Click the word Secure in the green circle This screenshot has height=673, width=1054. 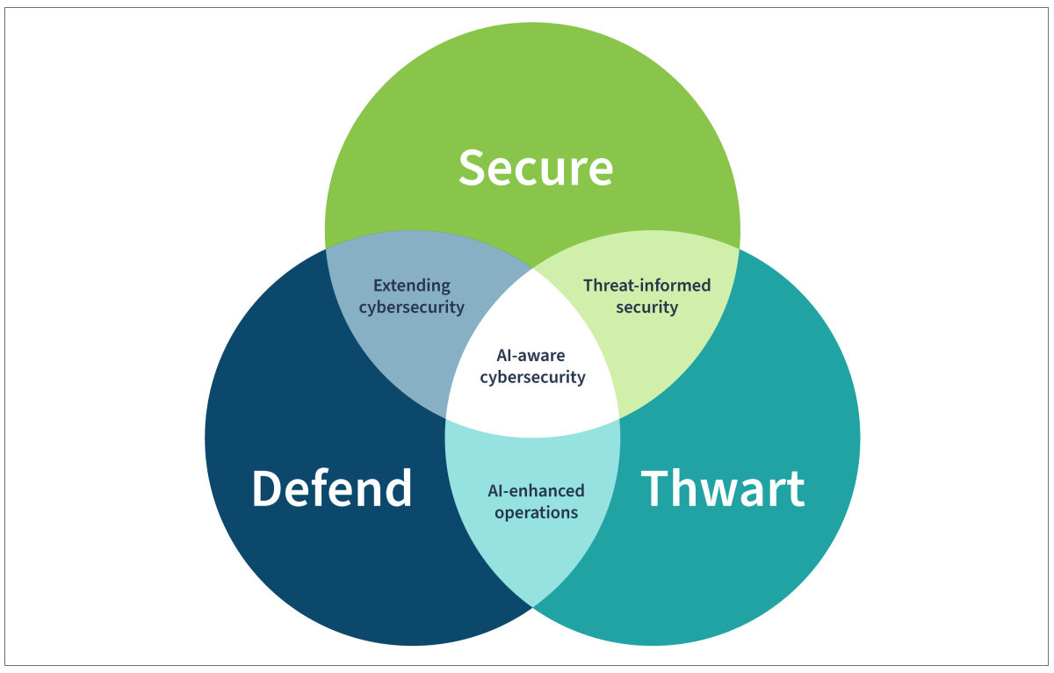pyautogui.click(x=535, y=167)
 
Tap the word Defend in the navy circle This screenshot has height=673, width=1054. pyautogui.click(x=332, y=488)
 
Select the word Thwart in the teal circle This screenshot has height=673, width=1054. pyautogui.click(x=722, y=488)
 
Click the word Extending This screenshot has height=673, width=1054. pyautogui.click(x=411, y=286)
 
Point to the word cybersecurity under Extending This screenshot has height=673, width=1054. pyautogui.click(x=411, y=308)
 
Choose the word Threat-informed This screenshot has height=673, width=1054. pyautogui.click(x=646, y=286)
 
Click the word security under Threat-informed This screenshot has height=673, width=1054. pyautogui.click(x=646, y=308)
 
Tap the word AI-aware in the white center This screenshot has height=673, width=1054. pyautogui.click(x=531, y=356)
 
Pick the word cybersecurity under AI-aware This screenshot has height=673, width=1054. pyautogui.click(x=531, y=378)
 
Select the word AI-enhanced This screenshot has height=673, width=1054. pyautogui.click(x=536, y=490)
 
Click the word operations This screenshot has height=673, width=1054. pyautogui.click(x=536, y=512)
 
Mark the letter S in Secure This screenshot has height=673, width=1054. pyautogui.click(x=473, y=167)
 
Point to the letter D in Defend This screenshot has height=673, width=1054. pyautogui.click(x=267, y=488)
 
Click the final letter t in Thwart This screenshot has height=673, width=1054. pyautogui.click(x=795, y=490)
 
